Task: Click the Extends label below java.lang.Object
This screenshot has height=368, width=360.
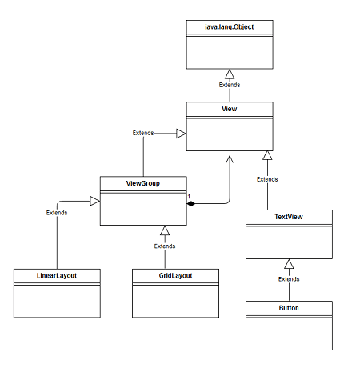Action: point(230,85)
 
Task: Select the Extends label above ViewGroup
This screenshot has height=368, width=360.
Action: point(143,132)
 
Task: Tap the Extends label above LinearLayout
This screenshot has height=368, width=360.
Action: point(56,213)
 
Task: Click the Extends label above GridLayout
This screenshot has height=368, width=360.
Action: point(164,246)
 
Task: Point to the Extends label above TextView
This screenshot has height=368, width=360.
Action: point(267,179)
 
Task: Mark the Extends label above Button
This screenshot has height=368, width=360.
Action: point(289,279)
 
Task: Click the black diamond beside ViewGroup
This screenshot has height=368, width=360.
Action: point(192,204)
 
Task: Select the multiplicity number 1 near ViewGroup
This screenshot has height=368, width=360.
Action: point(188,197)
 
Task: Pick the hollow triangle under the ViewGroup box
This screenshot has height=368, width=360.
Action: point(164,230)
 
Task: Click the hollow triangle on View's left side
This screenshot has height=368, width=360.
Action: point(181,134)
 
